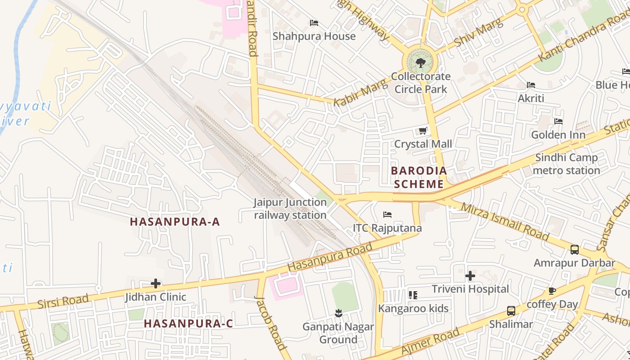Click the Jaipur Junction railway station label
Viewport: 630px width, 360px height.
click(290, 209)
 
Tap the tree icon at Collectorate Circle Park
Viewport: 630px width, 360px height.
click(421, 63)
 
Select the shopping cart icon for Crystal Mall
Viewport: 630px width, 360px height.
click(423, 131)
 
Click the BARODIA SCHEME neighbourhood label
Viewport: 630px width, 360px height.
click(418, 177)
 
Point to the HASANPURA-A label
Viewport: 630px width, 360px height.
click(175, 222)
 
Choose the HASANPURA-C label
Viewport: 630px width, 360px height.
click(189, 324)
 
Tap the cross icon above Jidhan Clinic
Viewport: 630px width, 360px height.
click(156, 283)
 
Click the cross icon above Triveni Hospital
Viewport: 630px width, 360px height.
click(470, 275)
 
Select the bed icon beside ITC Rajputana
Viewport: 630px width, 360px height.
click(387, 215)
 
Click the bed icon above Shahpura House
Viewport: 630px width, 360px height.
click(314, 23)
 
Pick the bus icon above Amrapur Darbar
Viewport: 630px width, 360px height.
click(574, 249)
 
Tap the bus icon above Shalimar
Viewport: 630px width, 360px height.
click(511, 310)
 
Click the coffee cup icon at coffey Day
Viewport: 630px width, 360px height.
click(552, 291)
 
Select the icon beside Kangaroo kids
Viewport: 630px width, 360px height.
click(413, 295)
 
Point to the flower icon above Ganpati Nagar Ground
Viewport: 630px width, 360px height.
click(338, 313)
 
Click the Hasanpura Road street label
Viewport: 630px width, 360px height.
click(330, 257)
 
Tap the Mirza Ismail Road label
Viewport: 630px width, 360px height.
click(505, 220)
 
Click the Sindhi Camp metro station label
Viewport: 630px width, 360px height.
click(566, 164)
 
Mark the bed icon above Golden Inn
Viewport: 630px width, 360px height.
click(558, 121)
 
